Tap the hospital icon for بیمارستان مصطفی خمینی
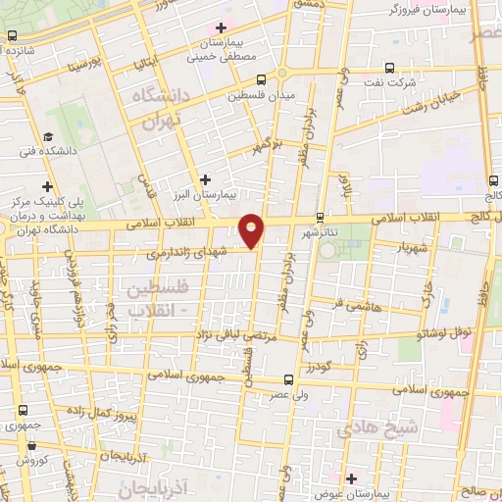(222, 27)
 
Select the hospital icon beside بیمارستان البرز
(204, 179)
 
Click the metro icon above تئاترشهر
(320, 219)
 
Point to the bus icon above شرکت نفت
(389, 68)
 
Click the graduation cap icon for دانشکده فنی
(48, 136)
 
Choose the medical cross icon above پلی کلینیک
(46, 185)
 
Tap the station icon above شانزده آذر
(12, 35)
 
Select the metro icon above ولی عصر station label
(287, 379)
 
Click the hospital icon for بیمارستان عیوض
(350, 478)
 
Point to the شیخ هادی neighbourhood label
(377, 428)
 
